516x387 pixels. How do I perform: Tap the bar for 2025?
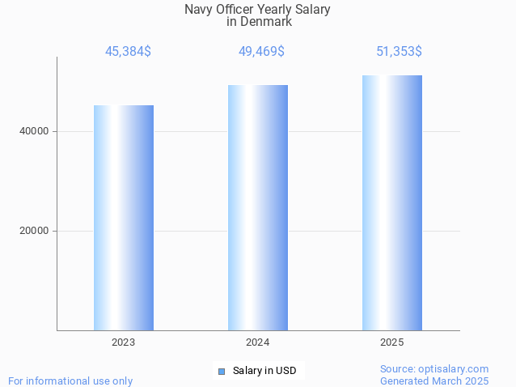pyautogui.click(x=392, y=202)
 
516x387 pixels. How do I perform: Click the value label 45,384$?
pyautogui.click(x=128, y=52)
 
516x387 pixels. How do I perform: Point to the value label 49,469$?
pyautogui.click(x=261, y=52)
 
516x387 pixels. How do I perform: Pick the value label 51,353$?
pyautogui.click(x=399, y=52)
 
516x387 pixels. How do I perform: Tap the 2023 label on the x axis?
pyautogui.click(x=124, y=342)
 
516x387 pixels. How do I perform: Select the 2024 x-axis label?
pyautogui.click(x=258, y=342)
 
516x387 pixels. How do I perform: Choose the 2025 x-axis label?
pyautogui.click(x=392, y=342)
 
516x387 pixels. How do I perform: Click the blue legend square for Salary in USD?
pyautogui.click(x=222, y=372)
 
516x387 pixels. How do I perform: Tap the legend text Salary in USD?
pyautogui.click(x=264, y=371)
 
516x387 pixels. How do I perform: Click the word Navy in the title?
pyautogui.click(x=199, y=10)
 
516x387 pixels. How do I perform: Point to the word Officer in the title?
pyautogui.click(x=239, y=10)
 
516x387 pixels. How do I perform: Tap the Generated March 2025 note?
pyautogui.click(x=434, y=381)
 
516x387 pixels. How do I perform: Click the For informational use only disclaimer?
pyautogui.click(x=70, y=381)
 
